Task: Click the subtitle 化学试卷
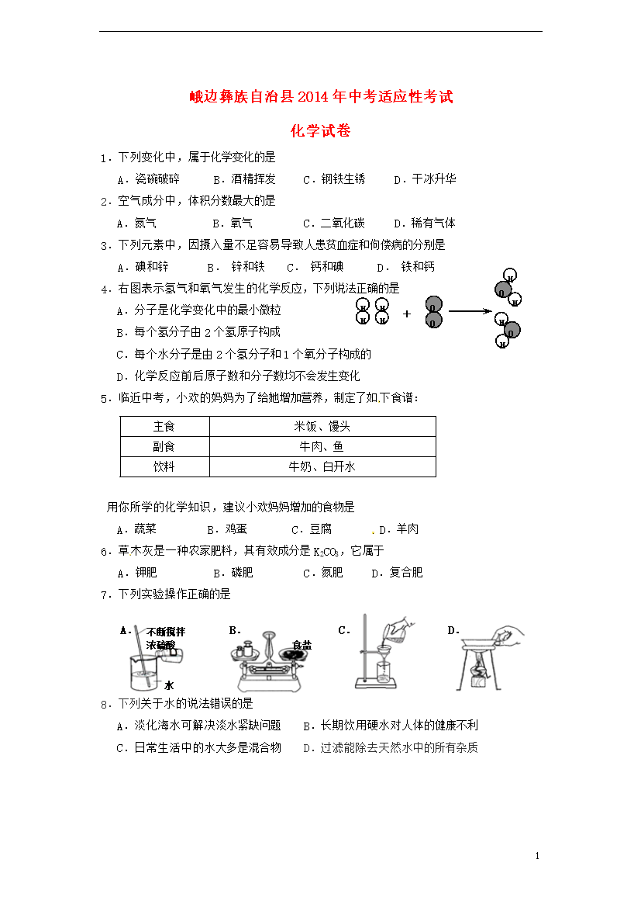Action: point(320,131)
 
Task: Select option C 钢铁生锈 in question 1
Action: point(333,179)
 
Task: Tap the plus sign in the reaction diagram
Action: point(407,314)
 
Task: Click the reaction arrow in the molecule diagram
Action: point(470,311)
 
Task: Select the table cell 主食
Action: point(164,427)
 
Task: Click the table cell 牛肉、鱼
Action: point(322,447)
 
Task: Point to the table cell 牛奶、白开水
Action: point(322,467)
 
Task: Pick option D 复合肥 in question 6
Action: point(398,574)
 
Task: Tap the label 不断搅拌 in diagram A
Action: point(165,632)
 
